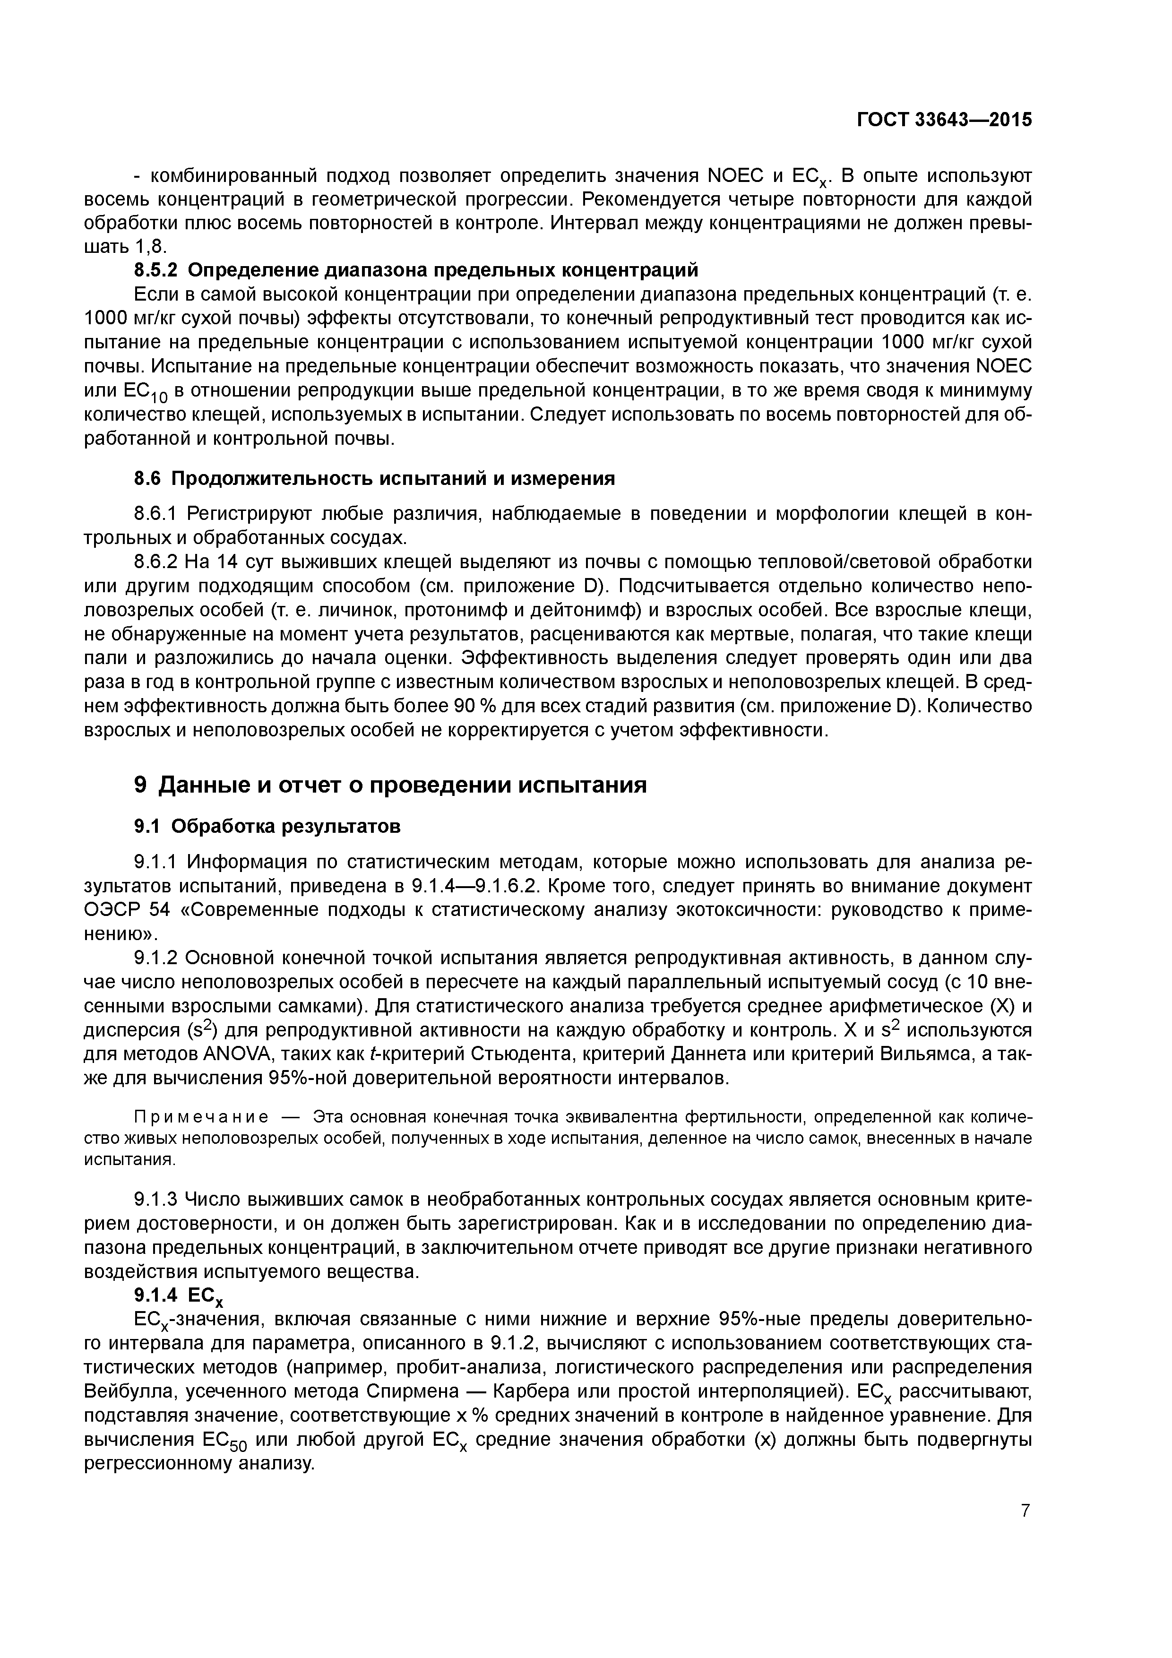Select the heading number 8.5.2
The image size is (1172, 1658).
[x=157, y=270]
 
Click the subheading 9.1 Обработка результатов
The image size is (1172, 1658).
[x=267, y=825]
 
